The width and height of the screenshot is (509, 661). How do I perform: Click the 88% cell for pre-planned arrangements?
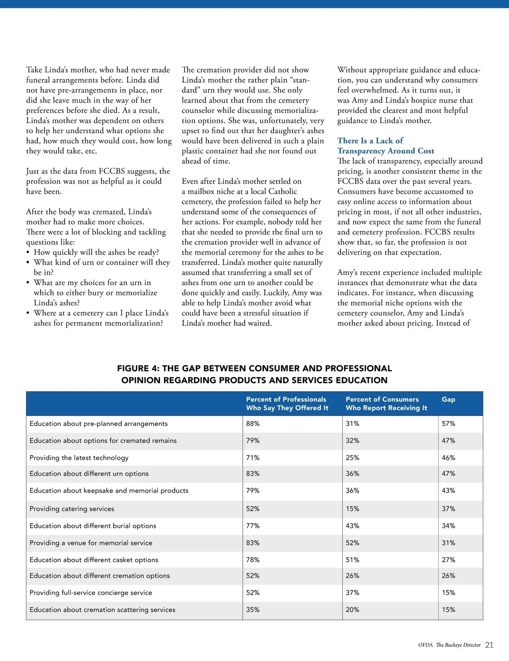point(253,424)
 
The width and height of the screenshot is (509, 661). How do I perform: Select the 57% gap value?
point(448,424)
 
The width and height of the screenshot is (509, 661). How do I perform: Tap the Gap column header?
point(448,399)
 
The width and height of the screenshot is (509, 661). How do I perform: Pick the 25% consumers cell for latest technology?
point(352,458)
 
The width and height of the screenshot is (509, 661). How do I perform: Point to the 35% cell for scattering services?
point(253,610)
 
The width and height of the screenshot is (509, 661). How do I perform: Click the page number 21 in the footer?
point(489,645)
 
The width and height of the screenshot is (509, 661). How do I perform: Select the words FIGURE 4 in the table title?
point(137,368)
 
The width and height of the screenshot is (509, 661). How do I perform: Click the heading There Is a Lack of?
point(370,140)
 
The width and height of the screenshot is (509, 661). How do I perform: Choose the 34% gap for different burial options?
point(448,526)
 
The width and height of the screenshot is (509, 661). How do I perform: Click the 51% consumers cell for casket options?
point(352,560)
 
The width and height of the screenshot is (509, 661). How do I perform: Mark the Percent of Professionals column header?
point(287,403)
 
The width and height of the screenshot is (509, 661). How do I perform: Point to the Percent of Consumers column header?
point(386,403)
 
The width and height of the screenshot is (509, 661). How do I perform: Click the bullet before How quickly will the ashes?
point(28,252)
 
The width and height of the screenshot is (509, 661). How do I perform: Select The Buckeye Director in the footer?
point(458,645)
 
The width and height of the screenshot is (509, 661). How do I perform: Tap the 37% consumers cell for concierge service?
point(352,593)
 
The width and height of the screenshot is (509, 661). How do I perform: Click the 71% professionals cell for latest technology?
point(253,458)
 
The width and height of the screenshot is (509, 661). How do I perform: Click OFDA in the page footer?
point(425,645)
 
